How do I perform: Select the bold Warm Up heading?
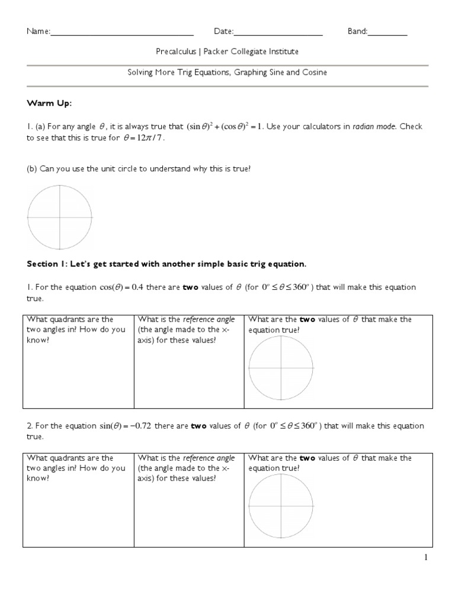click(49, 104)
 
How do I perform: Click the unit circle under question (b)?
click(60, 217)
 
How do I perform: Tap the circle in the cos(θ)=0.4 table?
click(280, 368)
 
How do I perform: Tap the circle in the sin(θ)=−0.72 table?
click(280, 507)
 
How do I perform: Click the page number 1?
click(425, 557)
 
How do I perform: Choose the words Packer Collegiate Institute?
click(251, 52)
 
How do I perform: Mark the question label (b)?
click(32, 169)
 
